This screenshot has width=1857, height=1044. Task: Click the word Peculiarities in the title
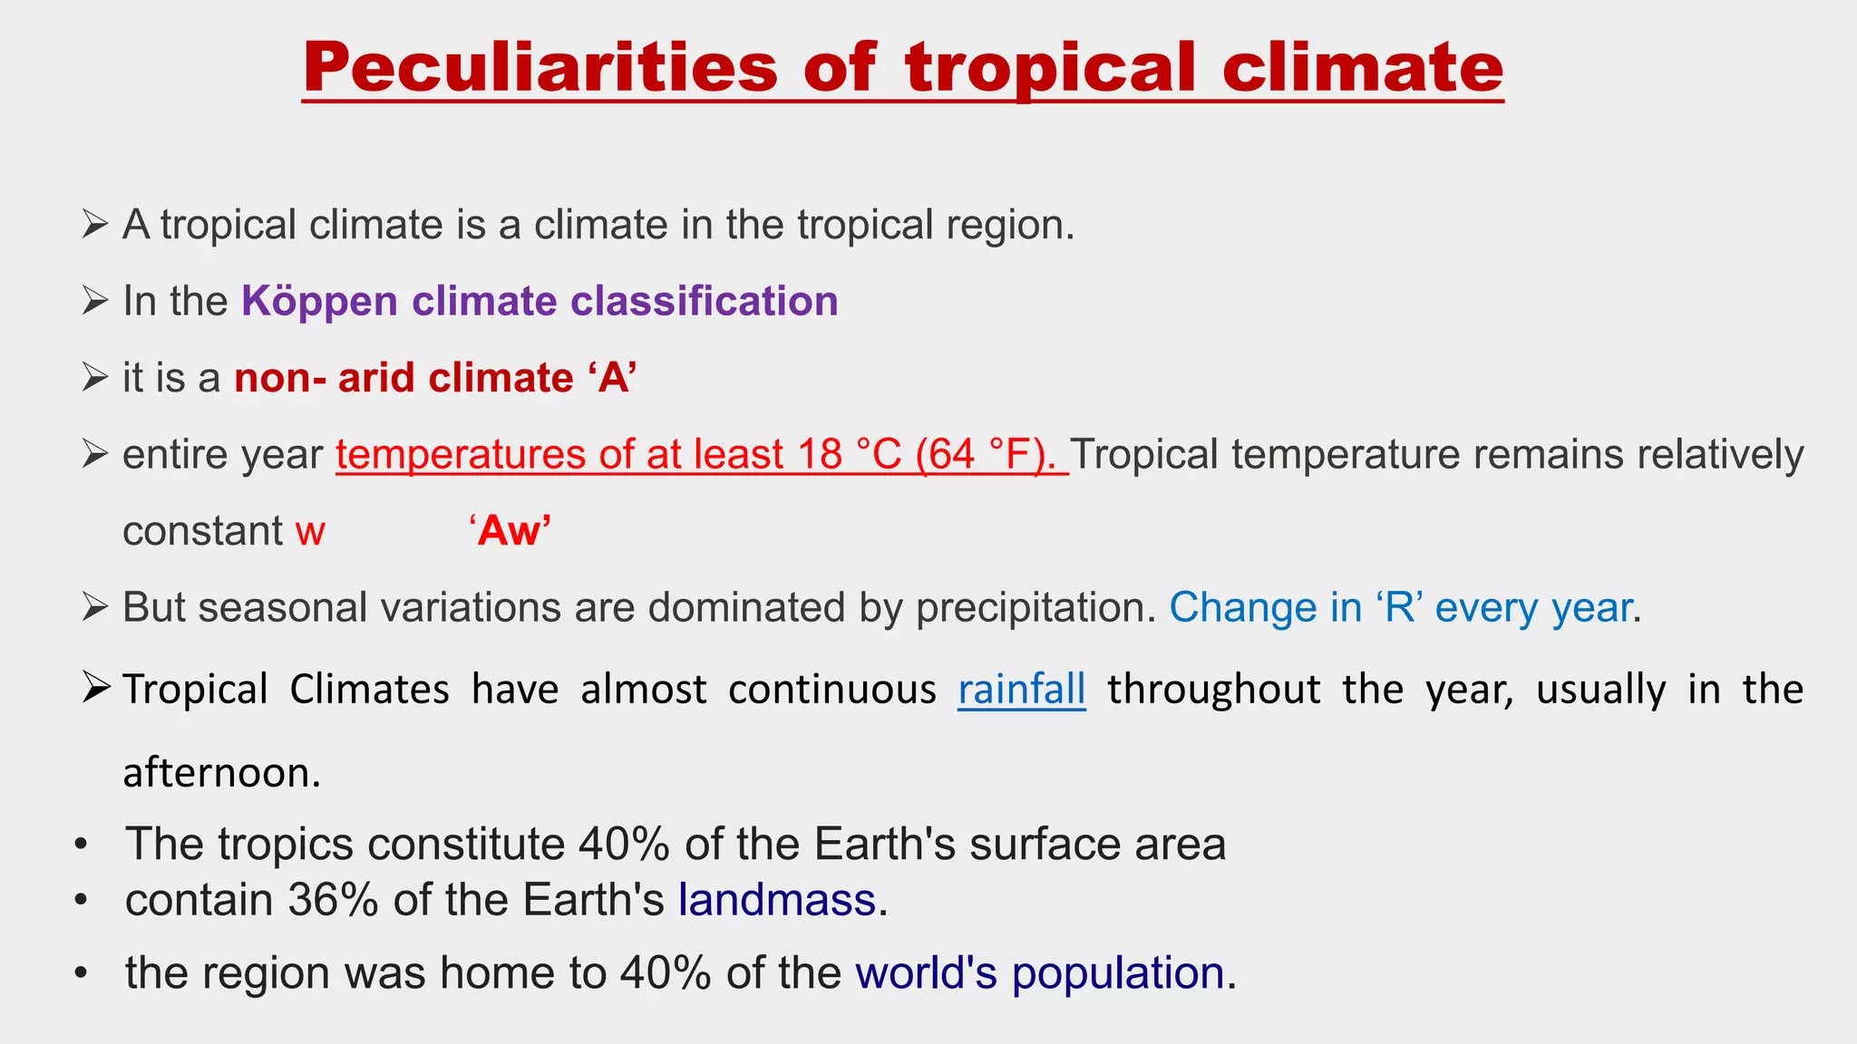coord(540,68)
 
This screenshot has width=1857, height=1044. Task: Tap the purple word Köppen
coord(319,301)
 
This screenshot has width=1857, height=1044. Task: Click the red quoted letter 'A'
coord(614,377)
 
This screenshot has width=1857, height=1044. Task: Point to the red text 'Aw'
coord(510,530)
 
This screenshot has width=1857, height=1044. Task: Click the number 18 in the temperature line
coord(821,454)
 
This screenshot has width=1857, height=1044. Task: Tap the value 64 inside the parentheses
coord(951,454)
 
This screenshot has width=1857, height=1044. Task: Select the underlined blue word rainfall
coord(1022,690)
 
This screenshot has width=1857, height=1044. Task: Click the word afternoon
coord(221,773)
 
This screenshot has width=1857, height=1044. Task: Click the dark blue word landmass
coord(777,900)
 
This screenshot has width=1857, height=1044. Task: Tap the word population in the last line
coord(1118,973)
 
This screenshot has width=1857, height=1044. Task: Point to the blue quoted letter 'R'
coord(1400,607)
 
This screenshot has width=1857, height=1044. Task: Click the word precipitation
coord(1035,607)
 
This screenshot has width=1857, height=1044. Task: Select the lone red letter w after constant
coord(310,532)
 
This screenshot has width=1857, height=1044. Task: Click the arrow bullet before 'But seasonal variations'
coord(94,606)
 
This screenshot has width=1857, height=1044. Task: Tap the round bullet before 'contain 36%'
coord(82,900)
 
